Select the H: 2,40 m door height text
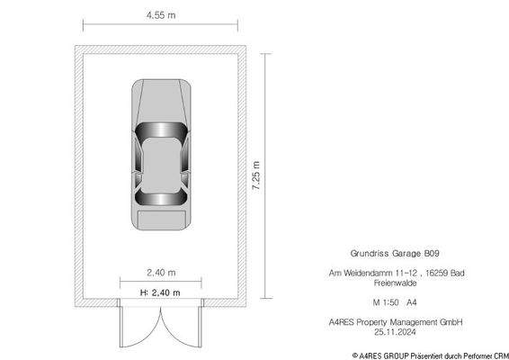pyautogui.click(x=161, y=292)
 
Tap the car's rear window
pyautogui.click(x=161, y=201)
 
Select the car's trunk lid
pyautogui.click(x=161, y=219)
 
